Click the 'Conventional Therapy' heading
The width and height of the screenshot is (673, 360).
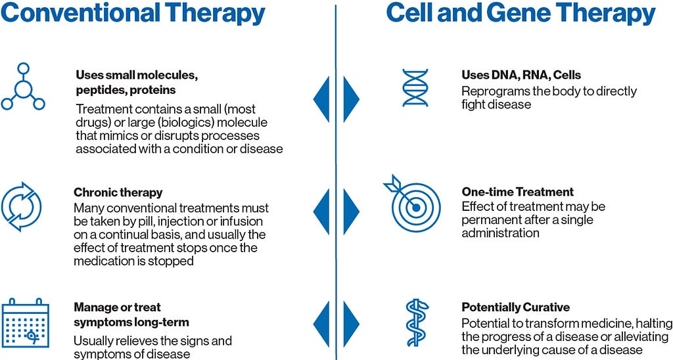(x=133, y=13)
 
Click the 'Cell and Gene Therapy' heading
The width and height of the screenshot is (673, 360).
(x=521, y=13)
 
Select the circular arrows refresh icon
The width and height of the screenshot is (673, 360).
(x=22, y=207)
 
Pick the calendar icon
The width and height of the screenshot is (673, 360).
(x=26, y=323)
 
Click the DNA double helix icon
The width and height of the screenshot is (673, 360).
(x=415, y=87)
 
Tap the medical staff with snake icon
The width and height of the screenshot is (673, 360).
(x=417, y=323)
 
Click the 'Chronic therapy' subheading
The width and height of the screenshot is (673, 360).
(x=118, y=192)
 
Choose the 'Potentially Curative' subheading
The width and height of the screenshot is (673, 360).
(x=516, y=307)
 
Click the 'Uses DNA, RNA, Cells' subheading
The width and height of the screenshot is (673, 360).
(x=521, y=75)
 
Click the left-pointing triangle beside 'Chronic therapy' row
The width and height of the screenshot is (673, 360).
(x=321, y=212)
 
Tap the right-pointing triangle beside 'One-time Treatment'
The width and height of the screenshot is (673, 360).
(x=351, y=212)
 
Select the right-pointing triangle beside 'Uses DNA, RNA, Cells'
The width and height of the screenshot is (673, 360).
(x=351, y=99)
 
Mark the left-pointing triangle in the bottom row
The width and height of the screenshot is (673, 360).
(x=321, y=324)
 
